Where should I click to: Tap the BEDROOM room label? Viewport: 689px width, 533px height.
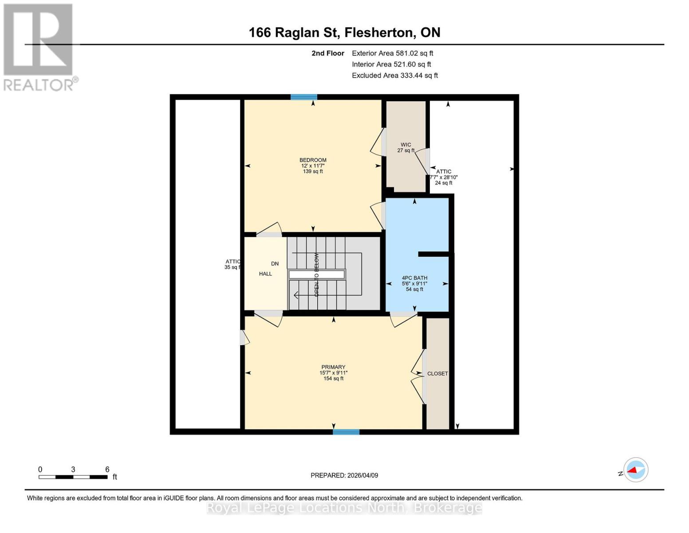pyautogui.click(x=313, y=160)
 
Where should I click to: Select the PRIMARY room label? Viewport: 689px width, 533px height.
pyautogui.click(x=333, y=367)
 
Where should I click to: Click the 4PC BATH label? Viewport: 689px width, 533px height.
pyautogui.click(x=414, y=278)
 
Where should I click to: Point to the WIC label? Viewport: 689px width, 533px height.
pyautogui.click(x=406, y=145)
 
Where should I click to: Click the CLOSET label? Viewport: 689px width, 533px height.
pyautogui.click(x=437, y=374)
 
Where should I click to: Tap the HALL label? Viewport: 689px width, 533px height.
pyautogui.click(x=265, y=274)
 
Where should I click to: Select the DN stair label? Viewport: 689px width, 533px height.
pyautogui.click(x=275, y=263)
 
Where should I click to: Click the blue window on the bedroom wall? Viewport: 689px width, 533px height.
pyautogui.click(x=304, y=97)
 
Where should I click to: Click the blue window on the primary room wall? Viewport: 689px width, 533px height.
pyautogui.click(x=346, y=431)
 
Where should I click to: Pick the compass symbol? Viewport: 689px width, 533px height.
pyautogui.click(x=635, y=470)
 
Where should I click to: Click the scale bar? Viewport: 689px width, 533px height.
pyautogui.click(x=73, y=477)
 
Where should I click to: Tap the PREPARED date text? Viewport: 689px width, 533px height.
pyautogui.click(x=344, y=475)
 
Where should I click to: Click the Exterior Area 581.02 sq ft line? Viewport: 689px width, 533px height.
pyautogui.click(x=392, y=53)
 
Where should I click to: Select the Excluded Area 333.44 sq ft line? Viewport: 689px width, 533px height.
pyautogui.click(x=395, y=76)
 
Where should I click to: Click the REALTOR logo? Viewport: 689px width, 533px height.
pyautogui.click(x=39, y=47)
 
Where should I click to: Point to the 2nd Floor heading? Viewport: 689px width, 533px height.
pyautogui.click(x=327, y=53)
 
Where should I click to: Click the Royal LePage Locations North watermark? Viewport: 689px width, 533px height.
pyautogui.click(x=344, y=508)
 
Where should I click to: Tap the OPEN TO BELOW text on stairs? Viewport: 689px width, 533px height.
pyautogui.click(x=317, y=275)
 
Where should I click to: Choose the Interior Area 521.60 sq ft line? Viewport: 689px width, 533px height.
pyautogui.click(x=391, y=64)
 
